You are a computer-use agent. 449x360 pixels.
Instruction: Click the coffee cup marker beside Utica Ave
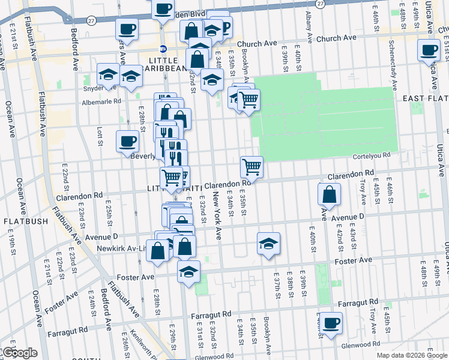point(429,50)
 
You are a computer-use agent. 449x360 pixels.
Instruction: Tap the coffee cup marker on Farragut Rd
point(330,323)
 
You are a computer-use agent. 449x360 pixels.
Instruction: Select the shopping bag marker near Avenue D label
point(329,194)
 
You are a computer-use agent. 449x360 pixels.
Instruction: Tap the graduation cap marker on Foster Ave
point(188,272)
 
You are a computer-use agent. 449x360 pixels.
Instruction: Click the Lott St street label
point(99,136)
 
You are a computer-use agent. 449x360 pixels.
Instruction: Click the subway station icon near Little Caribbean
point(163,49)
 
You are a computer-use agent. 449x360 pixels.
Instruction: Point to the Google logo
point(19,353)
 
